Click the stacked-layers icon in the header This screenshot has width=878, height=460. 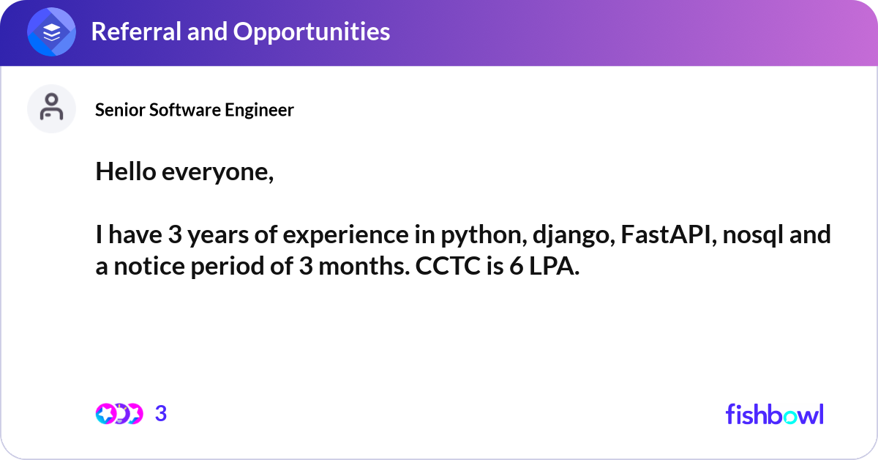51,31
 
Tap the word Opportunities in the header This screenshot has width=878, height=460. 312,32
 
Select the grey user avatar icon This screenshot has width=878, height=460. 51,108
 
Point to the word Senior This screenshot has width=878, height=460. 120,110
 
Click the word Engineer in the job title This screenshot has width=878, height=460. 259,111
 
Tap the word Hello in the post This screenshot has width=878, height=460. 126,171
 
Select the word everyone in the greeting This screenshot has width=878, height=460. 217,173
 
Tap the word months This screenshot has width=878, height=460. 364,266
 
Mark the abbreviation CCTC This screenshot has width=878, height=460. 448,266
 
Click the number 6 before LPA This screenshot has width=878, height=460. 517,266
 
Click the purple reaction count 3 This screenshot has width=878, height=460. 161,414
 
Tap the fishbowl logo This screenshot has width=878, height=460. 775,414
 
